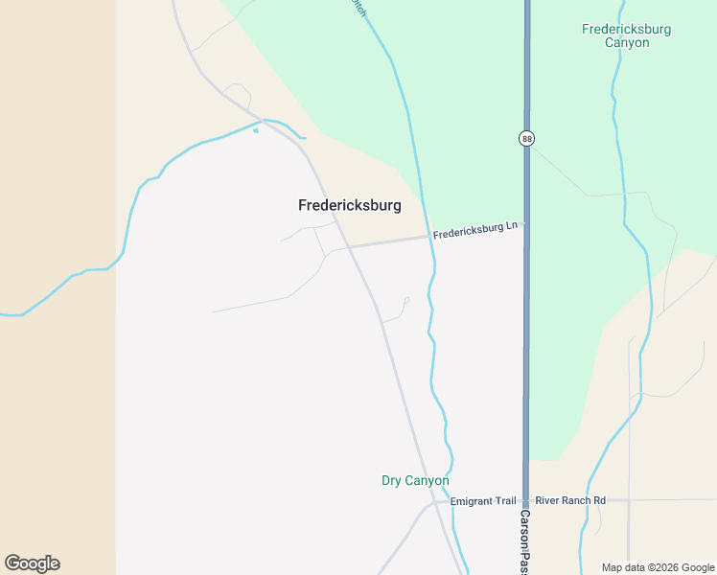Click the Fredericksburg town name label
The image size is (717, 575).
click(x=349, y=205)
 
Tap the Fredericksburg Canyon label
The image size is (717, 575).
click(x=626, y=35)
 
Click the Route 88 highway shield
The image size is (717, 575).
click(x=526, y=139)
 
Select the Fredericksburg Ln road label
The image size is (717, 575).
click(x=474, y=230)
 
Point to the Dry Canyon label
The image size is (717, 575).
click(x=415, y=480)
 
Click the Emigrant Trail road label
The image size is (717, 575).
click(x=483, y=501)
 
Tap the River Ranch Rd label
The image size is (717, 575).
click(x=570, y=500)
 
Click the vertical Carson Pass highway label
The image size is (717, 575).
click(x=525, y=541)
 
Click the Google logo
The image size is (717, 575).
click(x=32, y=563)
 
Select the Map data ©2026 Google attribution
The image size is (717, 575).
click(x=658, y=567)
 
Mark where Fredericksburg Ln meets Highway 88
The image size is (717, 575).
click(x=525, y=224)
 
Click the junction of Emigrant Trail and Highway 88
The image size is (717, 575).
click(x=525, y=500)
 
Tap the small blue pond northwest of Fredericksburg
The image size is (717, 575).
click(x=256, y=130)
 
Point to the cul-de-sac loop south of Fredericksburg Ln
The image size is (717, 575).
click(x=406, y=301)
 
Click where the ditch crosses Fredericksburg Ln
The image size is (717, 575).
click(x=430, y=237)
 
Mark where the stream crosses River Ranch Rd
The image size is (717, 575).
click(x=586, y=500)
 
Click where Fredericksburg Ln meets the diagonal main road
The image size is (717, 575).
click(x=348, y=246)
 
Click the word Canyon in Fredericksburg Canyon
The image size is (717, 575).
click(x=626, y=43)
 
